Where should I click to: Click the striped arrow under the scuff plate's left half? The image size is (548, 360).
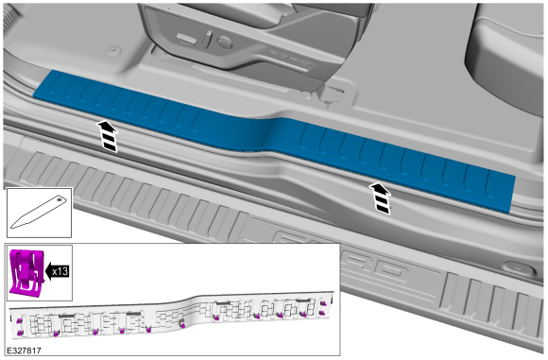point(108,136)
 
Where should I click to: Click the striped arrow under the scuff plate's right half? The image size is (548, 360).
point(380,197)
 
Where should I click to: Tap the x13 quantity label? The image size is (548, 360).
point(60,271)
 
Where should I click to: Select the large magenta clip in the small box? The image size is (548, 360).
point(26,271)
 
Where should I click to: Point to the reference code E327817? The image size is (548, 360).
point(24,351)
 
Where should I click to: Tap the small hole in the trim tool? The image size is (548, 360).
point(60,200)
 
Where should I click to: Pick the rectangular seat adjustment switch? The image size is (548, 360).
point(186,39)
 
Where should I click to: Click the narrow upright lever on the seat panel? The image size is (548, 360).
point(208,39)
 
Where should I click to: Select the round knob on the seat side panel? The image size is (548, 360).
point(225,43)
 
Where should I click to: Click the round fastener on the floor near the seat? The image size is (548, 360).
point(112,51)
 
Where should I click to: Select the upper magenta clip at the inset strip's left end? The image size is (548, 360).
point(18,320)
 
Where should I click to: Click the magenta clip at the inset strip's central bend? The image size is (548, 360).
point(181,324)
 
